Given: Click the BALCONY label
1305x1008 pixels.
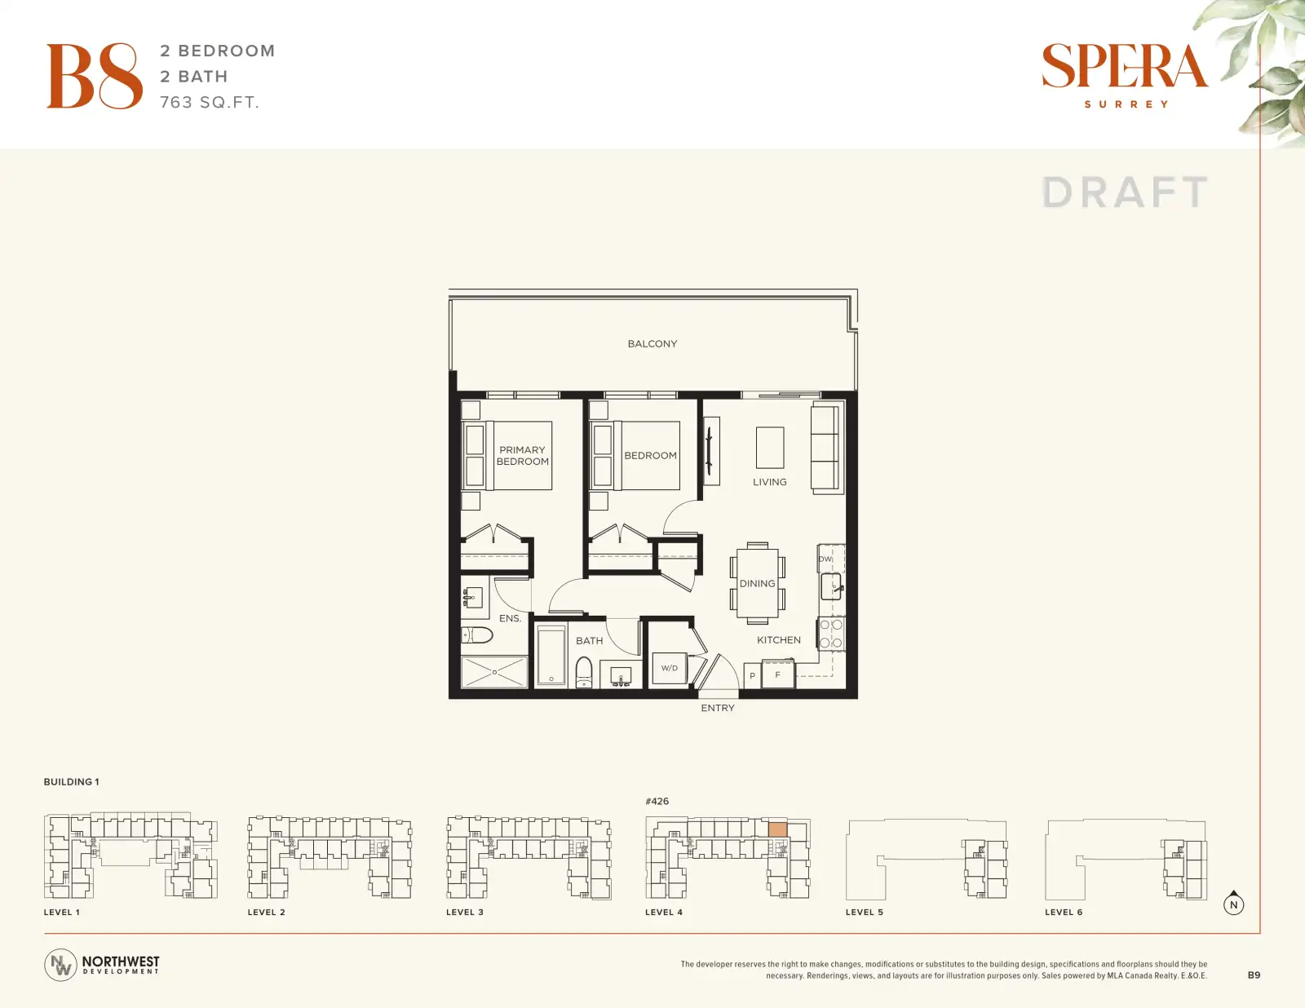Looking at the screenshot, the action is (x=652, y=344).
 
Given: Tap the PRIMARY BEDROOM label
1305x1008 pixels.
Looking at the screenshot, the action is (x=523, y=456).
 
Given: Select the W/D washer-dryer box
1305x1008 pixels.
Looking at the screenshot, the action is (x=670, y=668).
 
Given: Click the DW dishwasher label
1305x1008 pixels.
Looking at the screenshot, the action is (x=825, y=559).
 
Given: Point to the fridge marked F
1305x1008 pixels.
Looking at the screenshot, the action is (x=778, y=674).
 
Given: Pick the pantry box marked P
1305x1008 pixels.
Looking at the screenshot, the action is (x=752, y=676).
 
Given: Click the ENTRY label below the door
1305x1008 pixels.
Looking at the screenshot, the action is (x=718, y=709).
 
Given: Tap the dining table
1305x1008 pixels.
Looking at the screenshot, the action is (x=757, y=582).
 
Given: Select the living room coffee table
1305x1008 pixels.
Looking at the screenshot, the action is (x=770, y=448).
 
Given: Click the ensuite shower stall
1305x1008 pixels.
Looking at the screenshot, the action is (x=494, y=672).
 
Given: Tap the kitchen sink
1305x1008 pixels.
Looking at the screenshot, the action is (x=832, y=586).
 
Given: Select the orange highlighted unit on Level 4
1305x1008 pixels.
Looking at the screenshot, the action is (x=778, y=829).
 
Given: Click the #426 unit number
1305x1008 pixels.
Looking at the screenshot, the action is (x=657, y=802).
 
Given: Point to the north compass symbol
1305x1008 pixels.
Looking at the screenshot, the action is (x=1233, y=904).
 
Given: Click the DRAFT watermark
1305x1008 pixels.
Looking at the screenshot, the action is (x=1125, y=192).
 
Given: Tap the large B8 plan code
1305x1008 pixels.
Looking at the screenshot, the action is (x=95, y=76).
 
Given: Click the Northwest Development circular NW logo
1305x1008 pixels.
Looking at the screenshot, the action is (x=60, y=965).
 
